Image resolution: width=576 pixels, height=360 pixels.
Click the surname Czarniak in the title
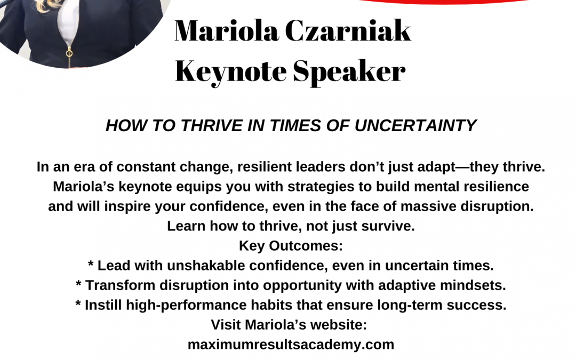tap(348, 31)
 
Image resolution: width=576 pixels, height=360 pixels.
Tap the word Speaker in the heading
tap(349, 72)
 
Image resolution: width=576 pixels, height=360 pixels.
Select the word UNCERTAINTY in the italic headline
tap(415, 126)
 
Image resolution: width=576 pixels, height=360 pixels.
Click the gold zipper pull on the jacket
tap(69, 53)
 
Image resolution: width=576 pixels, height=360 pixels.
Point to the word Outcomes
tap(306, 246)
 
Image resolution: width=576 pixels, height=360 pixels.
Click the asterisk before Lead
tap(91, 264)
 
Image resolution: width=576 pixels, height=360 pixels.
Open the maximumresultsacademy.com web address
tap(291, 345)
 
